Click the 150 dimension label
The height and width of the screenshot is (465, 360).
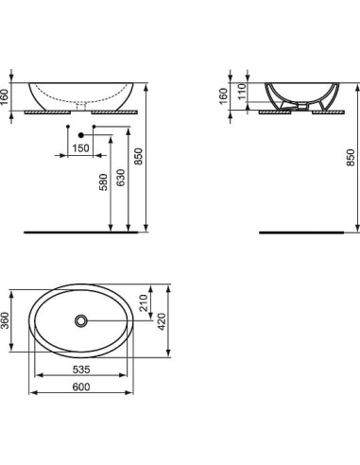tap(82, 149)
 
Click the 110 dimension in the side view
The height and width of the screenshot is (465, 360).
tap(241, 90)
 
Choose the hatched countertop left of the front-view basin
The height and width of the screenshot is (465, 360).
tap(43, 111)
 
